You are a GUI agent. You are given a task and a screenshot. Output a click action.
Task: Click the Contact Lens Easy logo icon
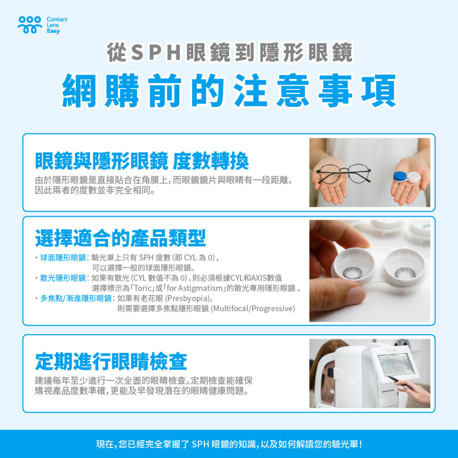coord(30,25)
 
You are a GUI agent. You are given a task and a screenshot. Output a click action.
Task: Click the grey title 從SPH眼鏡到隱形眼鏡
coord(230,52)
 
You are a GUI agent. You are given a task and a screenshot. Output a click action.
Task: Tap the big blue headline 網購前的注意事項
coord(229,90)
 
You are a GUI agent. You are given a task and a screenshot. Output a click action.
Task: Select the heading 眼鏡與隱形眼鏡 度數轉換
coord(142,161)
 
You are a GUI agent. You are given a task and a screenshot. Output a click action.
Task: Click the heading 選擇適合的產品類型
coord(120,238)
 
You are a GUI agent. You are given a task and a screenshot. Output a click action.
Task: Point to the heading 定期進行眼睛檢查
coord(111,361)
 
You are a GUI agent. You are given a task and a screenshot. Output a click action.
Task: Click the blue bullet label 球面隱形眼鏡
coord(63,258)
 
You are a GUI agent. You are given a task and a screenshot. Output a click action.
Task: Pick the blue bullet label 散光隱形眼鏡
coord(63,278)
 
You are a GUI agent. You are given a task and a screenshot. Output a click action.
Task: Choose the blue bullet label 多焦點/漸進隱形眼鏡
coord(76,298)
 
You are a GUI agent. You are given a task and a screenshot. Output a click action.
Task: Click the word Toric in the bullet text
coord(143,288)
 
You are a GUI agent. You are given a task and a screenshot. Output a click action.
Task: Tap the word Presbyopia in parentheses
coord(188,298)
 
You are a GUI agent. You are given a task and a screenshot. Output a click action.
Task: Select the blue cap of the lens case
coord(400,176)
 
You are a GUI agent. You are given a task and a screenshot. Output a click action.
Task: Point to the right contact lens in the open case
coord(405,273)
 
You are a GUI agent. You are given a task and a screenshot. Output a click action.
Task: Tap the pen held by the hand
coord(400,383)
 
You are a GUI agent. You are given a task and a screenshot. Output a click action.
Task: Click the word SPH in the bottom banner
coord(200,444)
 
